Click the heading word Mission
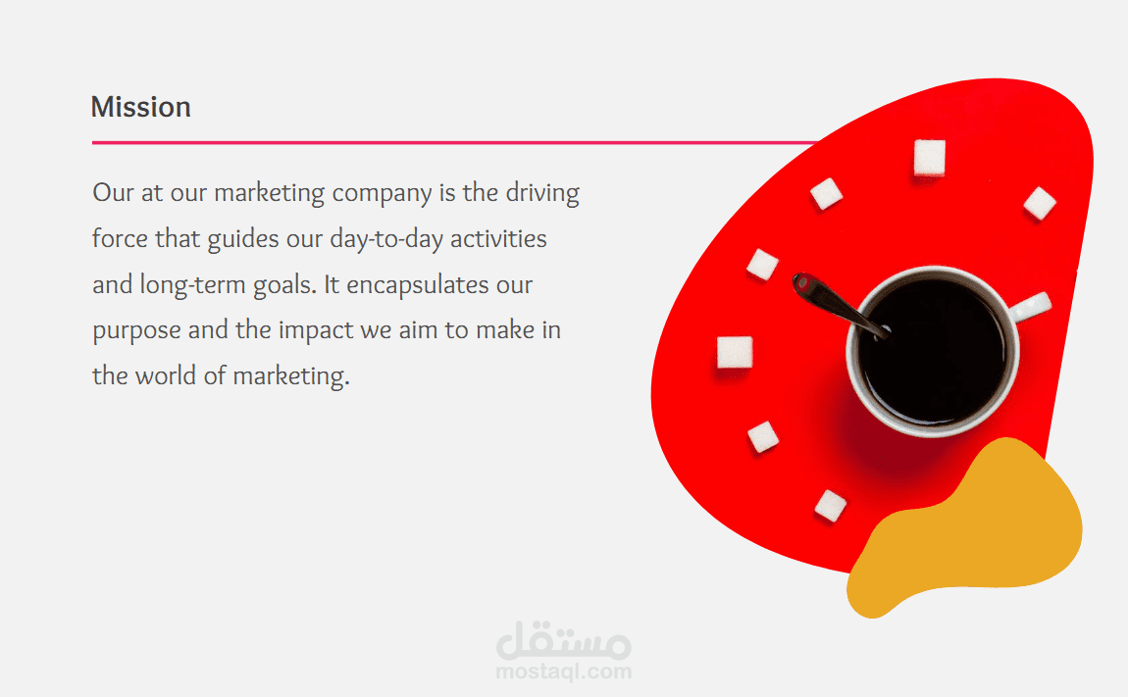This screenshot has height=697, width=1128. coord(141,107)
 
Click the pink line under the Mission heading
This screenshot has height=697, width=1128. coord(455,142)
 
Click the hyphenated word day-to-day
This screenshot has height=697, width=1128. coord(386,239)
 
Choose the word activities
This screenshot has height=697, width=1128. coord(498,239)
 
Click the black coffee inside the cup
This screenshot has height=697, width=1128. coord(932,351)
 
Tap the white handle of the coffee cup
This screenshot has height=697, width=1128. coord(1031,305)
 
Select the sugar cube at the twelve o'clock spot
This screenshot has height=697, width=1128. coord(929,158)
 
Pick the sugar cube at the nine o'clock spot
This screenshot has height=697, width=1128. coord(735,353)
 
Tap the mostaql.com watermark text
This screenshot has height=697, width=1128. coord(564,672)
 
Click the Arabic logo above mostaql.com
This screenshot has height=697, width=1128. coord(564,640)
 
